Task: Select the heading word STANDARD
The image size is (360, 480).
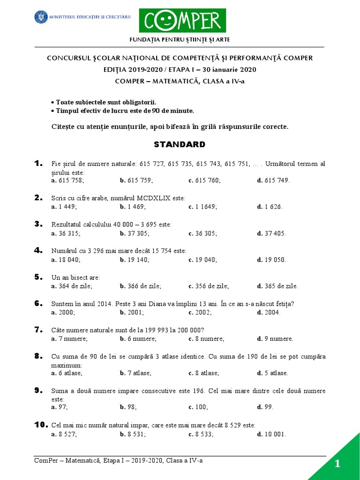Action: tap(180, 144)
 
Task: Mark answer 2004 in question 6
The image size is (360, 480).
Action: tap(271, 313)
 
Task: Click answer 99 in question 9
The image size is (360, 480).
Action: tap(267, 407)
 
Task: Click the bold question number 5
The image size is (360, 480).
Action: tap(38, 277)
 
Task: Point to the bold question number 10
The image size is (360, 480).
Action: tap(41, 425)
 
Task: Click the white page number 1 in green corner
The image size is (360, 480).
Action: tap(337, 464)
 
